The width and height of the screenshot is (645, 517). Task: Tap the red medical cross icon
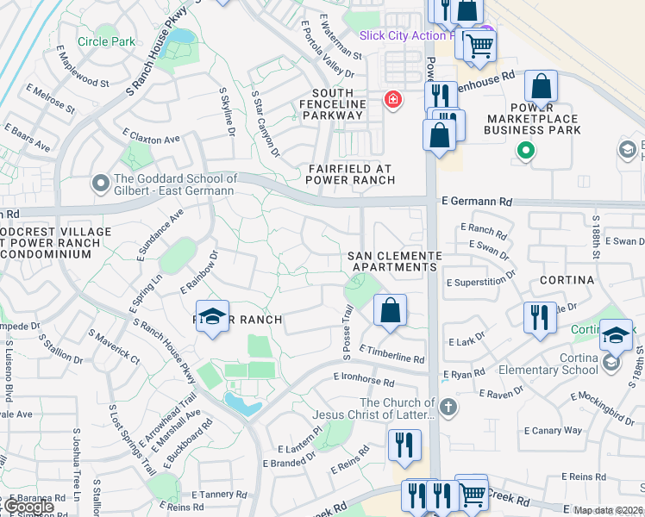(x=393, y=101)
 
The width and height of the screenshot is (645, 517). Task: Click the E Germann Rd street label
(x=476, y=202)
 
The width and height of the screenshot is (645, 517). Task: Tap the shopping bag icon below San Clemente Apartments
(x=391, y=309)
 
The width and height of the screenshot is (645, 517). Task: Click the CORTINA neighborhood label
(x=567, y=280)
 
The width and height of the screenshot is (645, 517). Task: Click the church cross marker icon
(x=448, y=406)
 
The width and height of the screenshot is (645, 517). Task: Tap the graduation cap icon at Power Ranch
(x=212, y=315)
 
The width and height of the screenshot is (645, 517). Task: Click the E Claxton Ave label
(x=150, y=136)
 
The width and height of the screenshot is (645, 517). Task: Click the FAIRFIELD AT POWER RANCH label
(x=351, y=174)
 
